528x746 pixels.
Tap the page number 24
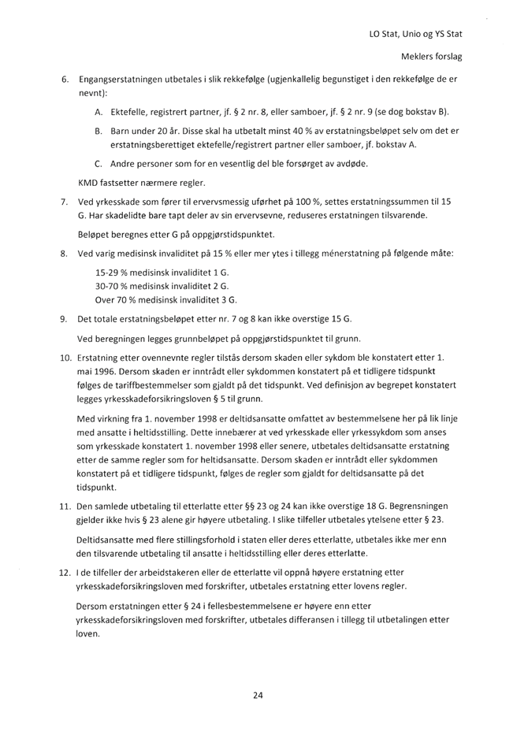(x=257, y=693)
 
